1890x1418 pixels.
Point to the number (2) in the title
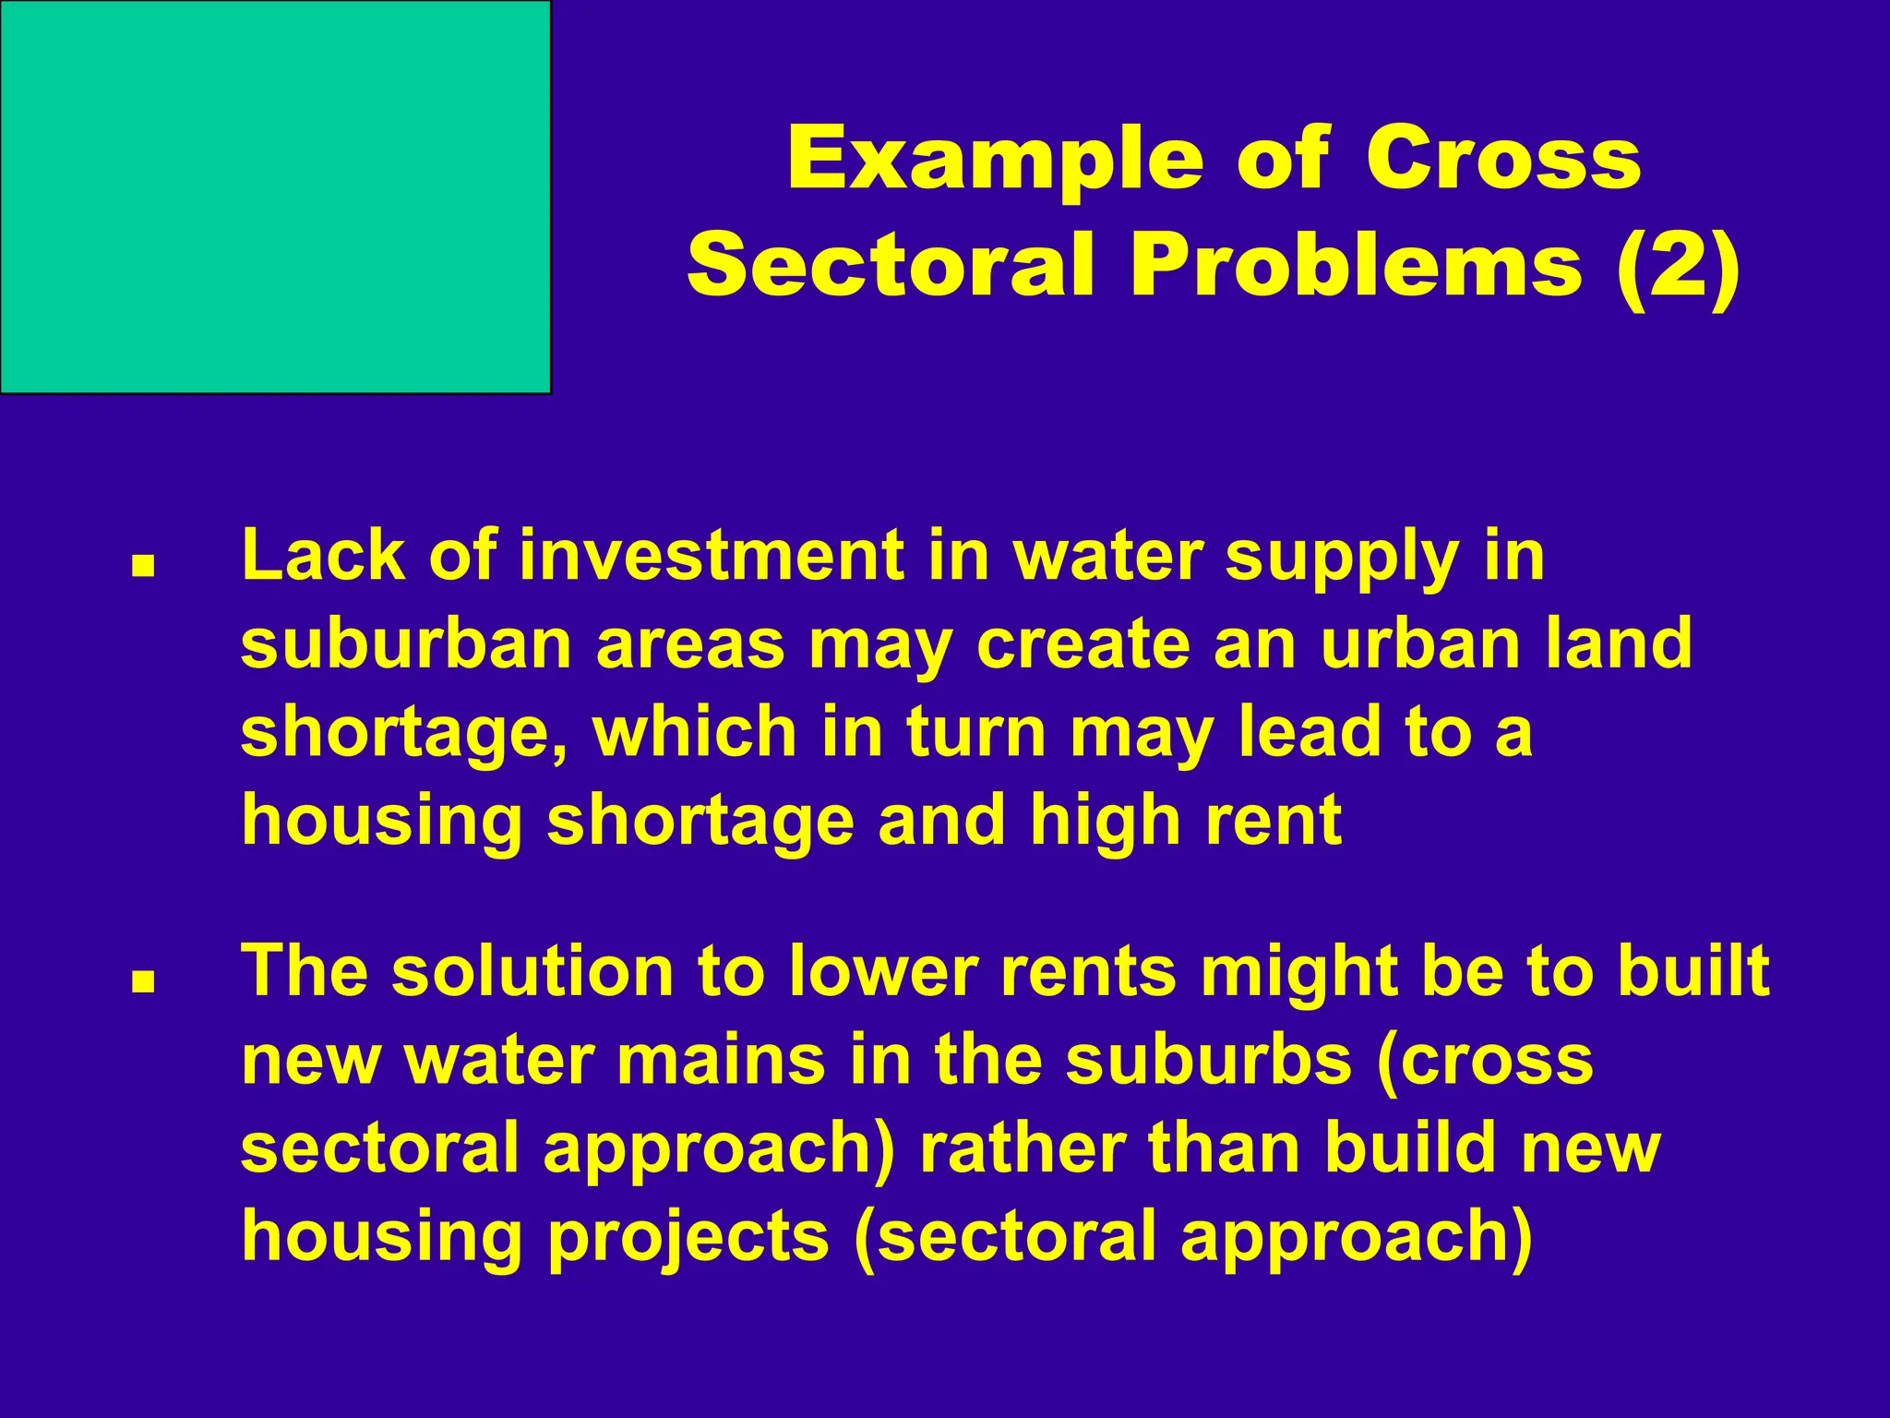point(1678,268)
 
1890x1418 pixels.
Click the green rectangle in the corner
point(275,197)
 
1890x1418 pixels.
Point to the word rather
point(1023,1149)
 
